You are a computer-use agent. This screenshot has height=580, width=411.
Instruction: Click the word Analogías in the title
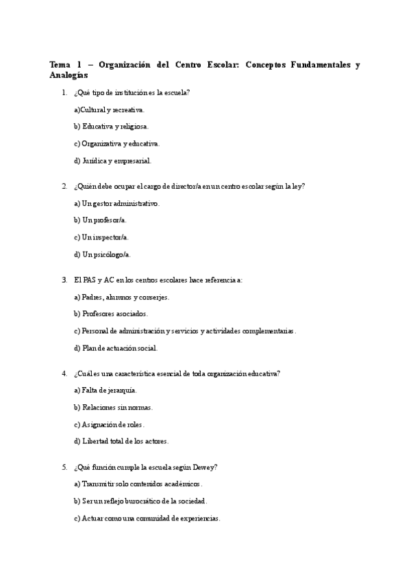click(x=68, y=75)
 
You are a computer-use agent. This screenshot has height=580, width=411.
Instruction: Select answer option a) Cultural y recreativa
click(x=109, y=109)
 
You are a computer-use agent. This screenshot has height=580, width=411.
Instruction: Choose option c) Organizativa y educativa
click(x=116, y=144)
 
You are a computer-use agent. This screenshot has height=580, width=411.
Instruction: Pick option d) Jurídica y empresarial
click(x=112, y=161)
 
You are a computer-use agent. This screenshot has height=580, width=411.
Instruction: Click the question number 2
click(x=64, y=186)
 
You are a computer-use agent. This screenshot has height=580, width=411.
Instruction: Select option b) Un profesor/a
click(x=100, y=220)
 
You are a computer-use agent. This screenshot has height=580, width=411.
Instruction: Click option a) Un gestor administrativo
click(x=116, y=203)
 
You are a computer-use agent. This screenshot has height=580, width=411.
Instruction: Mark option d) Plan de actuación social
click(x=115, y=347)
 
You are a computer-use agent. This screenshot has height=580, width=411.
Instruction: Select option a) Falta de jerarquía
click(x=105, y=390)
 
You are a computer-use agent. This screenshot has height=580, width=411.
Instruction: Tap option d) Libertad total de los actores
click(x=121, y=441)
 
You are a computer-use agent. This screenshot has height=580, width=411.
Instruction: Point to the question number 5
click(x=64, y=467)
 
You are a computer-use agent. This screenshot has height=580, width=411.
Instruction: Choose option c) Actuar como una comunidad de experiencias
click(x=147, y=518)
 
